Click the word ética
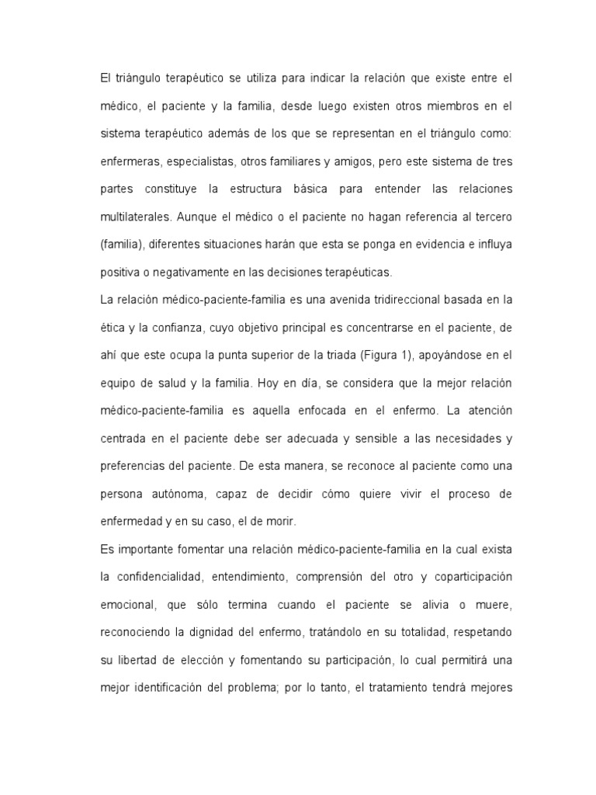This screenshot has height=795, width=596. point(111,328)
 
